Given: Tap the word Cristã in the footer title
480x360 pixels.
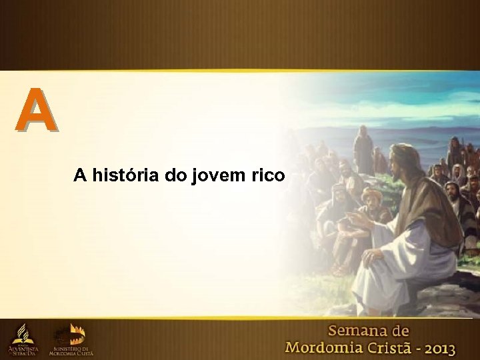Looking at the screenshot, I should [391, 347].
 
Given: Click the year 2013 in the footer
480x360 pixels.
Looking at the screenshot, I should [437, 347].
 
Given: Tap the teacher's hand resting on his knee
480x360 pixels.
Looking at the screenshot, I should [372, 256].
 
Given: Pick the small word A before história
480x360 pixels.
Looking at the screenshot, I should [80, 175].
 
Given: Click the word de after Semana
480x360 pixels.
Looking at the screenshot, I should [399, 331].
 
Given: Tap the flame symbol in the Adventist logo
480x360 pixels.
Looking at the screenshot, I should [23, 331].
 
